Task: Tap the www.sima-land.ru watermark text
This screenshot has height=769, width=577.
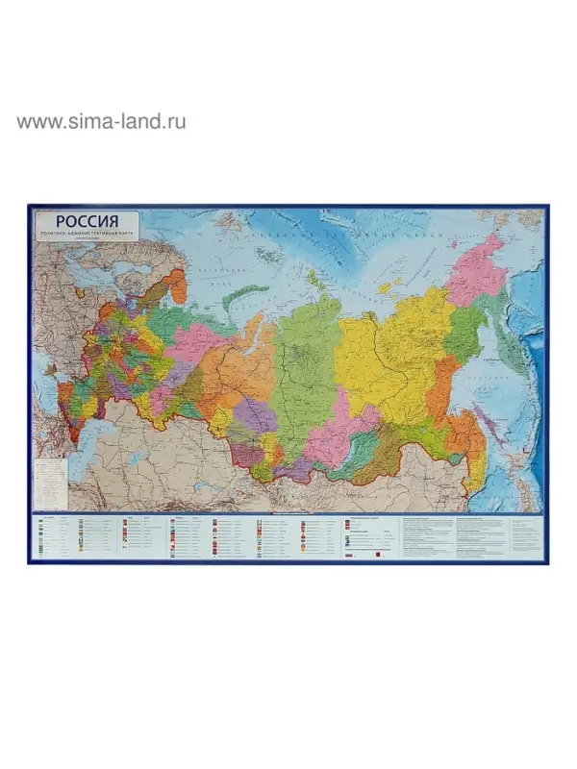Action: [x=101, y=121]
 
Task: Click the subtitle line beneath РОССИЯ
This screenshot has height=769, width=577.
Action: [x=87, y=235]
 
